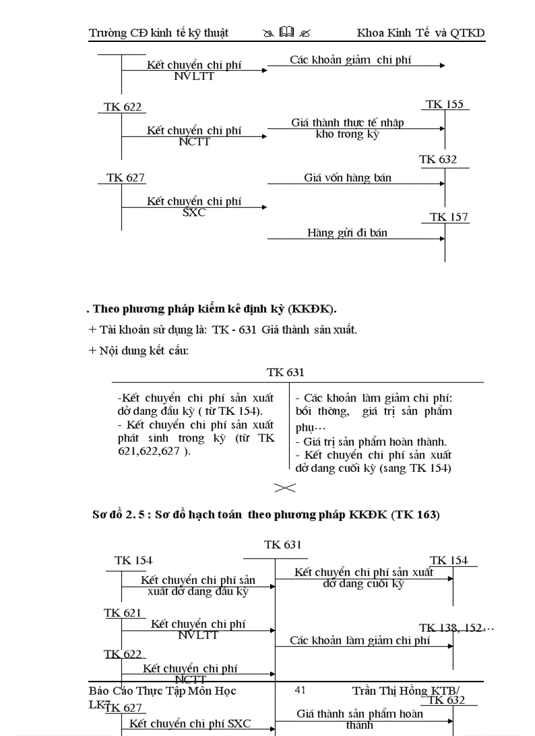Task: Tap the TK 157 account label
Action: (x=449, y=217)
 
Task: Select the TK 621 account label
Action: (x=123, y=613)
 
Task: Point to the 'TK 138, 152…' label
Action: (x=456, y=628)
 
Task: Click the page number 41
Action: (x=301, y=689)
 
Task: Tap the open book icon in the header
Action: (x=287, y=32)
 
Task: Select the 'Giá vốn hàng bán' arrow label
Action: (x=347, y=178)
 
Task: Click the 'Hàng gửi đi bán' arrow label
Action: (x=347, y=233)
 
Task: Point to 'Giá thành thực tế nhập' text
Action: (x=347, y=123)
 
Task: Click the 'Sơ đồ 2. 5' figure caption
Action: (x=266, y=514)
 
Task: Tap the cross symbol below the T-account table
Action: (x=285, y=488)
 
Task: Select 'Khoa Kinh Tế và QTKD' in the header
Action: (x=420, y=33)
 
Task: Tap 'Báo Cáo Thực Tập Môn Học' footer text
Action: (x=163, y=691)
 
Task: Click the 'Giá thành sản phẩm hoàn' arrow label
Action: (x=360, y=714)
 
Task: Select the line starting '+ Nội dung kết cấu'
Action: (x=138, y=351)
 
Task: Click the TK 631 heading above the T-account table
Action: (x=285, y=372)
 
